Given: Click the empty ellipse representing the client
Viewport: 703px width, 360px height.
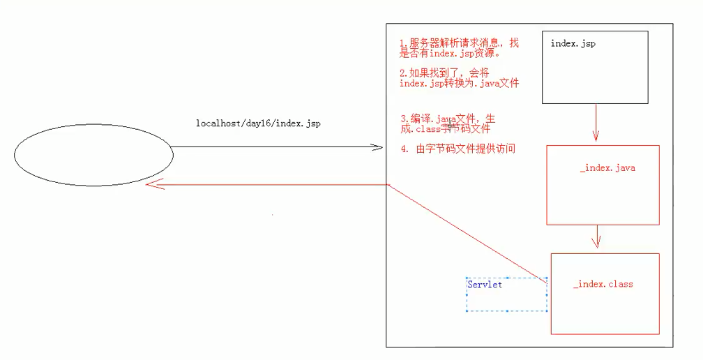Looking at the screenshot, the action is tap(93, 155).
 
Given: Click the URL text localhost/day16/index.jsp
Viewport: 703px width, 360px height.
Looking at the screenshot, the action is tap(257, 123).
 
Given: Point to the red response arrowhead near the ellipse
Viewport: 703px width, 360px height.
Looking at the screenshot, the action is tap(150, 185).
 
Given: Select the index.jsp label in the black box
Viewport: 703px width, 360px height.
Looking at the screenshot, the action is tap(573, 43).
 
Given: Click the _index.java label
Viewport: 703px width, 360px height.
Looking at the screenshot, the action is tap(607, 168).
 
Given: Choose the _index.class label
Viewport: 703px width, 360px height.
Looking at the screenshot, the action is tap(603, 284).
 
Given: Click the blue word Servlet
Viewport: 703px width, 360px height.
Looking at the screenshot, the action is tap(485, 285).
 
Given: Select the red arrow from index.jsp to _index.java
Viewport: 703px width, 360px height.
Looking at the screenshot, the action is tap(596, 123).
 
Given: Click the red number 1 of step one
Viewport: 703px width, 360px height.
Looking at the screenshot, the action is tap(402, 43).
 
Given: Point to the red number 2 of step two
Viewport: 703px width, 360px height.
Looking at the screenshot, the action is tap(402, 73).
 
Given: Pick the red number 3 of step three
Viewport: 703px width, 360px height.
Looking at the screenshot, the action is tap(402, 119).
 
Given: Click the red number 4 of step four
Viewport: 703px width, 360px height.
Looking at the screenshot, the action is tap(403, 149).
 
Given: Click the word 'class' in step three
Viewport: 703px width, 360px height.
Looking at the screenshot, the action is tap(428, 129).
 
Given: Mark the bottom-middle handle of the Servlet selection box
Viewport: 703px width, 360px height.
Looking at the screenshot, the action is tap(507, 311).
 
